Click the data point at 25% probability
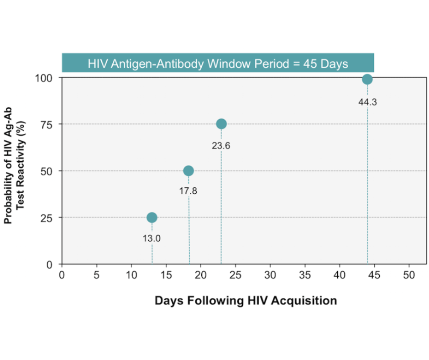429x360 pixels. click(x=152, y=217)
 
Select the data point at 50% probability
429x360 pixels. click(x=188, y=171)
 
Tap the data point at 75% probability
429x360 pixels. click(x=221, y=124)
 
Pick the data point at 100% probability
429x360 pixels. click(x=367, y=79)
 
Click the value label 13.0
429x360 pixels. click(x=152, y=238)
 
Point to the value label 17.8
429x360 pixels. click(x=188, y=191)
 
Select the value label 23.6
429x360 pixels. click(x=221, y=146)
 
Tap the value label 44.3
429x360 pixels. click(x=367, y=102)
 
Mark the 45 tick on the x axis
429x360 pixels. click(x=374, y=275)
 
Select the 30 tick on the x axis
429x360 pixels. click(x=270, y=275)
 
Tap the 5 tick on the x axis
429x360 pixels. click(x=97, y=275)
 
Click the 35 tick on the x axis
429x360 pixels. click(x=305, y=275)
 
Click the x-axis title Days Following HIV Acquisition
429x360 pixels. click(x=246, y=301)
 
